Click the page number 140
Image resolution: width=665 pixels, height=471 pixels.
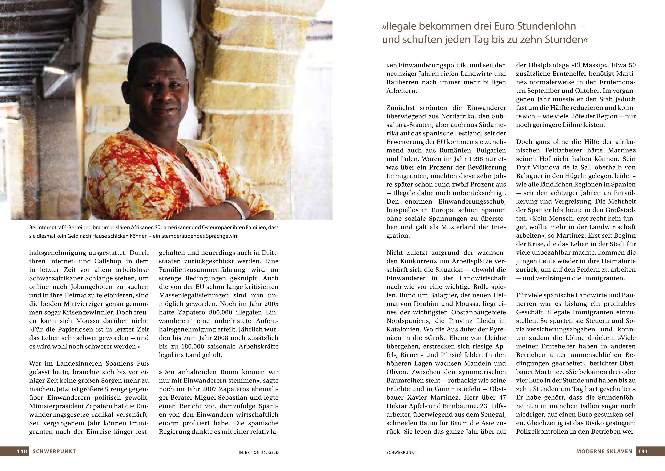click(x=22, y=451)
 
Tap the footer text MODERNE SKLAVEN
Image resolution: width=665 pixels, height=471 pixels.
click(x=604, y=451)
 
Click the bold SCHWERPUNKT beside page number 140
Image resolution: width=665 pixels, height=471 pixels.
click(x=54, y=451)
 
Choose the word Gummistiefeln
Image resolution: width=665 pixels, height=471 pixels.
click(x=454, y=389)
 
